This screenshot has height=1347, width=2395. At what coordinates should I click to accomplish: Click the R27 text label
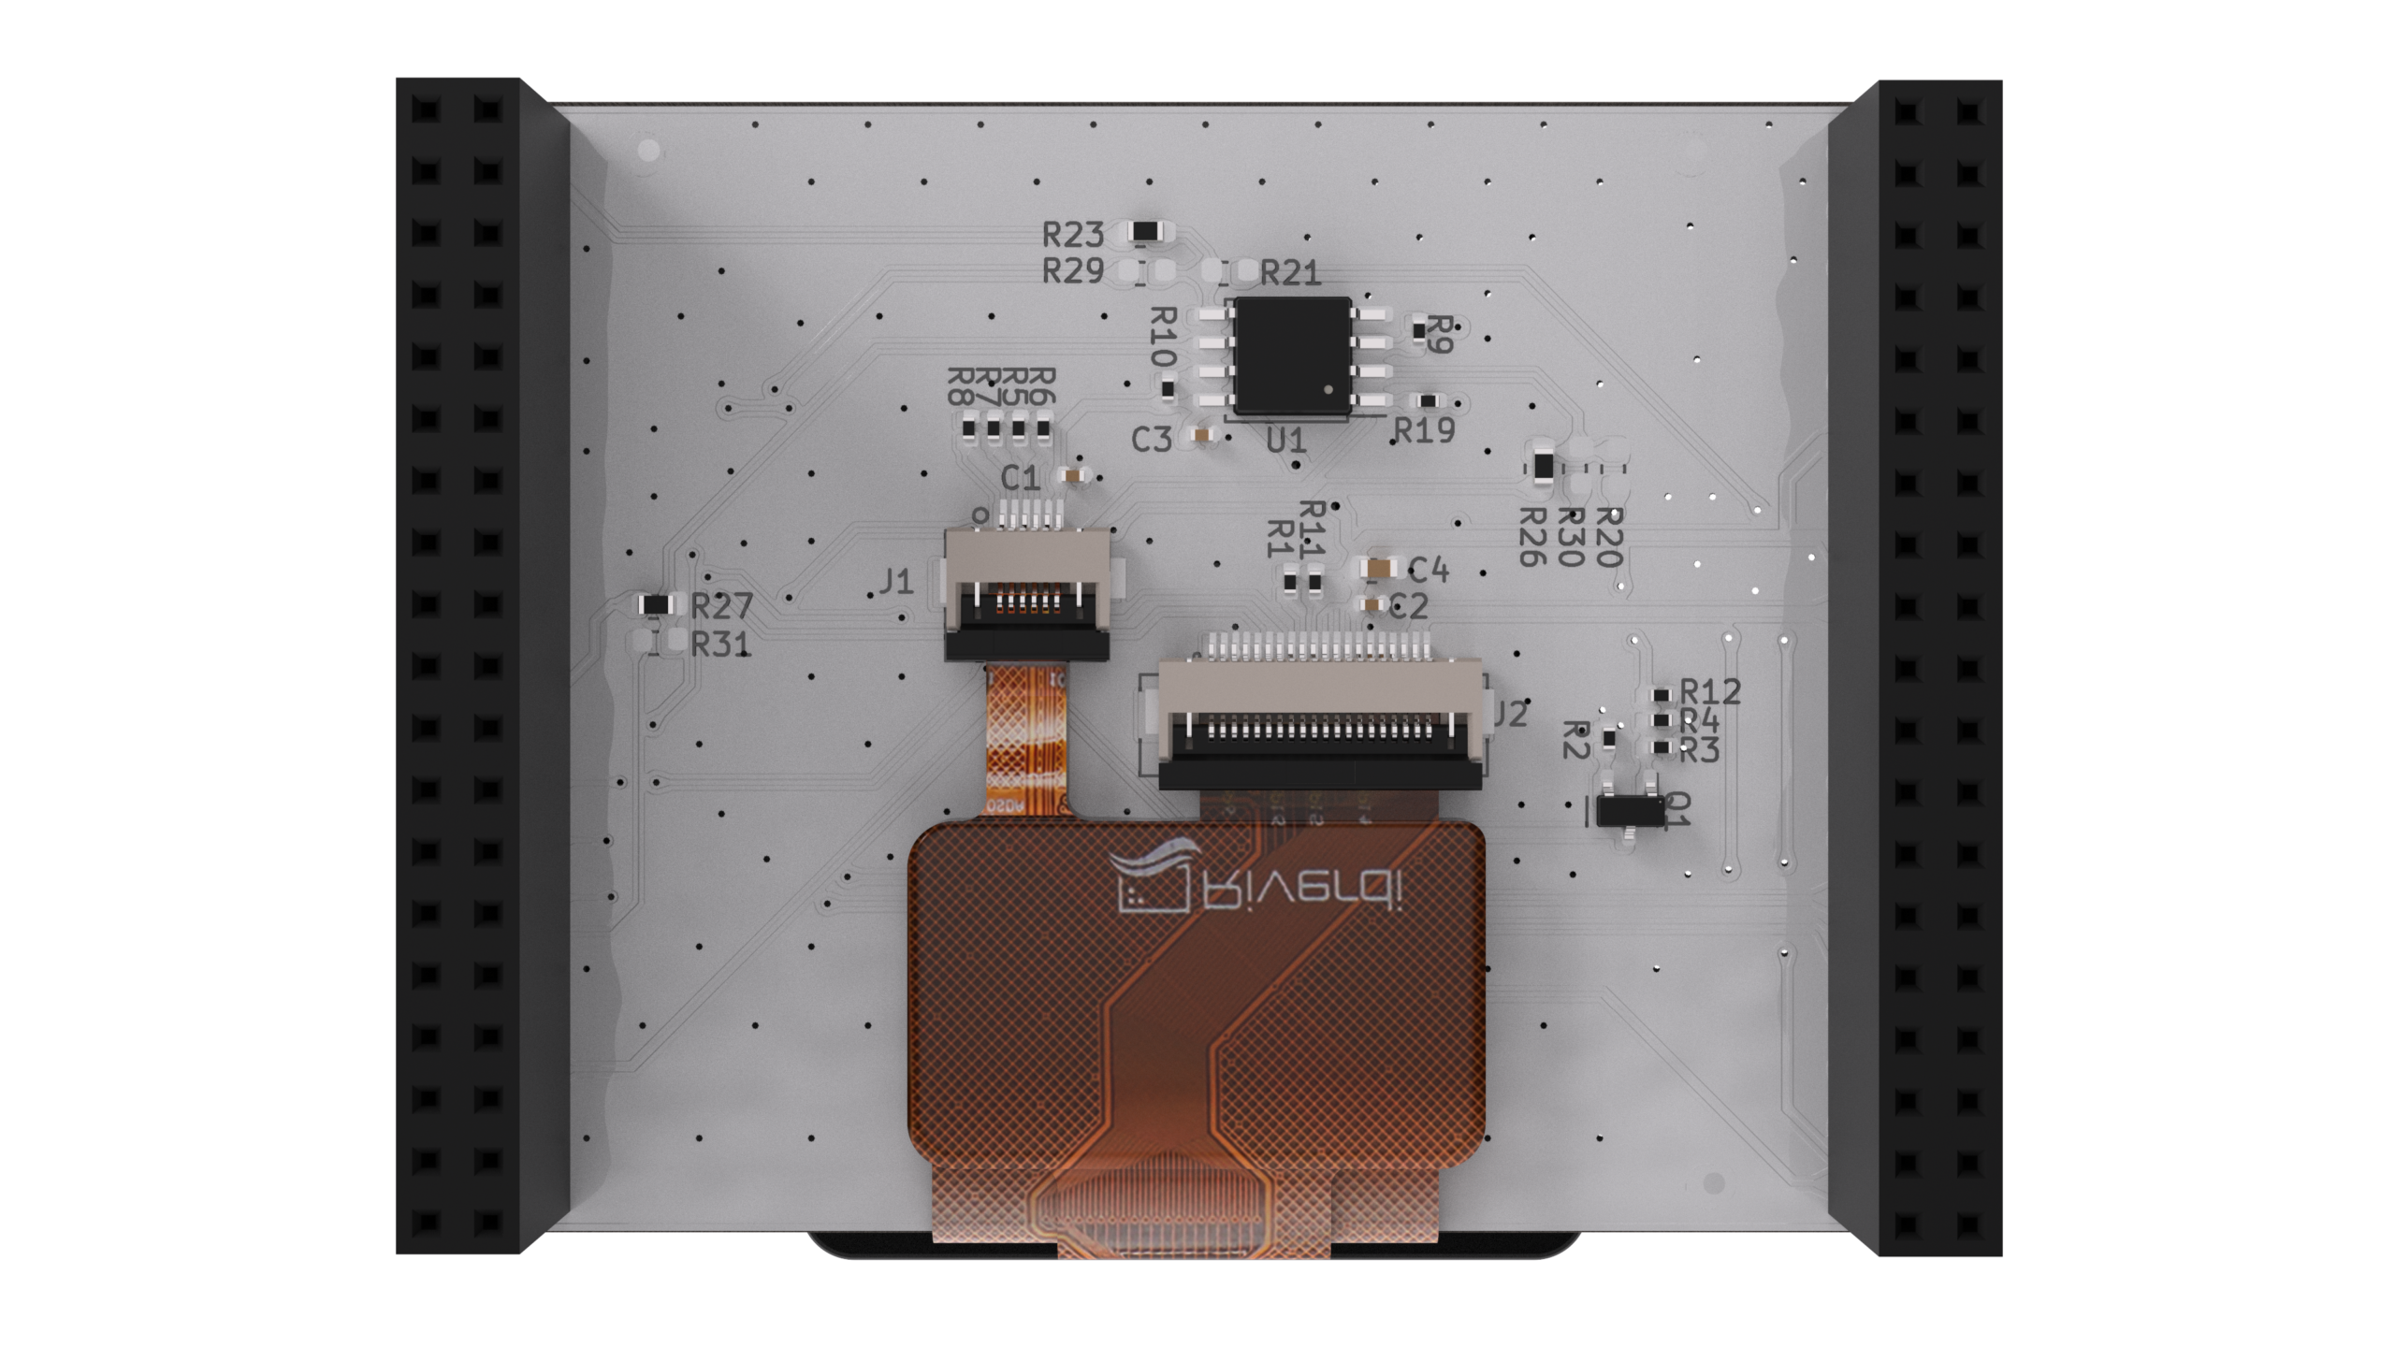721,607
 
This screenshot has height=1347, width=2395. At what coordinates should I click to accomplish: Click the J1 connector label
896,583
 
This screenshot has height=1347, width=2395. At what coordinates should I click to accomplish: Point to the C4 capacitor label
1428,570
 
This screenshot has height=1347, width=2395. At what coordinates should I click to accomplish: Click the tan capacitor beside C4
1377,568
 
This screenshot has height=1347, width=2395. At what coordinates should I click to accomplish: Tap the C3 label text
1152,440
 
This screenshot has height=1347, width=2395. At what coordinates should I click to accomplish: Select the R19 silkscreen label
1425,430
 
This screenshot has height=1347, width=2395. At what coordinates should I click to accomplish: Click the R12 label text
1710,692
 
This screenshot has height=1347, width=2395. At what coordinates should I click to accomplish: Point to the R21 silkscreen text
1290,273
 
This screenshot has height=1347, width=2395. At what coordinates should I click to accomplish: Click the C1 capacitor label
1020,479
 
